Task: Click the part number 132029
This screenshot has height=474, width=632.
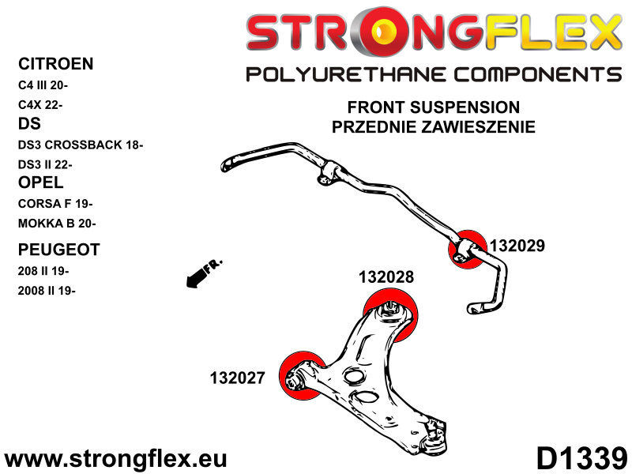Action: [517, 246]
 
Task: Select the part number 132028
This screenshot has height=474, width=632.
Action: [386, 277]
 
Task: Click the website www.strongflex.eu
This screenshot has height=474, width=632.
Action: [116, 459]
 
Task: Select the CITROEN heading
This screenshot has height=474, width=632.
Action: [55, 64]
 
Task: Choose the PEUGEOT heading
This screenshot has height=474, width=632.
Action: [58, 250]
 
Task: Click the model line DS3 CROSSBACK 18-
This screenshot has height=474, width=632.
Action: [80, 145]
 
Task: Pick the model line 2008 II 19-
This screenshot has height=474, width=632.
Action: [47, 290]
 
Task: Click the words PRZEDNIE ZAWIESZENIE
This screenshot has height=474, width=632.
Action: [434, 126]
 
